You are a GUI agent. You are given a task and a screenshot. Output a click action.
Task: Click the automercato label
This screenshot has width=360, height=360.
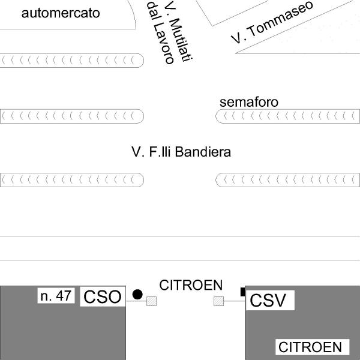[61, 13]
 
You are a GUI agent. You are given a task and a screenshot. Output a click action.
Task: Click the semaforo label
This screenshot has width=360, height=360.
[249, 102]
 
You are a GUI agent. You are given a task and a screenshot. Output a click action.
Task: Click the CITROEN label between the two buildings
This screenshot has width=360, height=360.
[190, 284]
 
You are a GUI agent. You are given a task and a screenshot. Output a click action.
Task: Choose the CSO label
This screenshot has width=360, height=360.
[103, 296]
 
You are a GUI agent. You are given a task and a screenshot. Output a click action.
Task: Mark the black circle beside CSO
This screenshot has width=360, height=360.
[137, 294]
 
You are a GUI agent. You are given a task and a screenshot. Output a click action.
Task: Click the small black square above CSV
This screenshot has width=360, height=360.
[243, 292]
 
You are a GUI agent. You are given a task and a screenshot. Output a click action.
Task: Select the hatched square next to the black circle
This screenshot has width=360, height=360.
[151, 301]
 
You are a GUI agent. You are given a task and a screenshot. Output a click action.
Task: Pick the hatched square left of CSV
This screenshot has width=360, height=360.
[218, 301]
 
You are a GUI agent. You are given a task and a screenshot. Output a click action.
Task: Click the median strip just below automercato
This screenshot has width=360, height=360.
[72, 60]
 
